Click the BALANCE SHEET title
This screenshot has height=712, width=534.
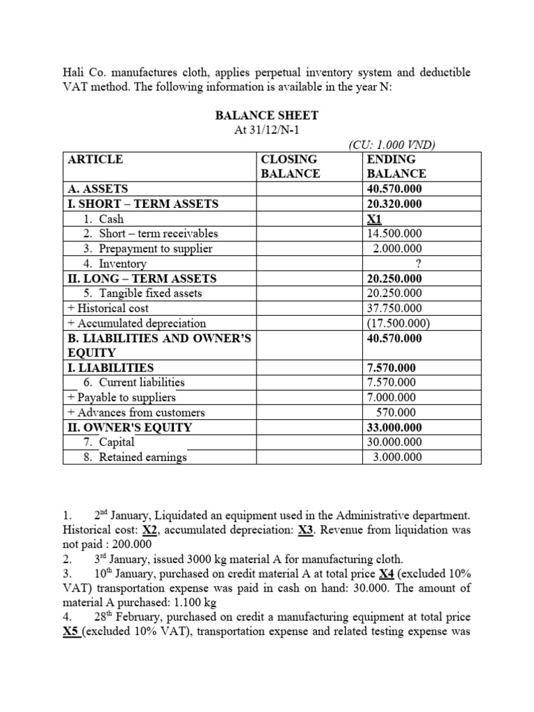[x=266, y=115]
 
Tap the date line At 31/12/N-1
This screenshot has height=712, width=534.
[x=266, y=130]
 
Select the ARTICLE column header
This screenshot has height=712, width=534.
[x=95, y=159]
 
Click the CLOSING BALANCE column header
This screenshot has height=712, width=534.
[x=290, y=166]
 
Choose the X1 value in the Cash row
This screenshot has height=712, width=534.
[x=375, y=219]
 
